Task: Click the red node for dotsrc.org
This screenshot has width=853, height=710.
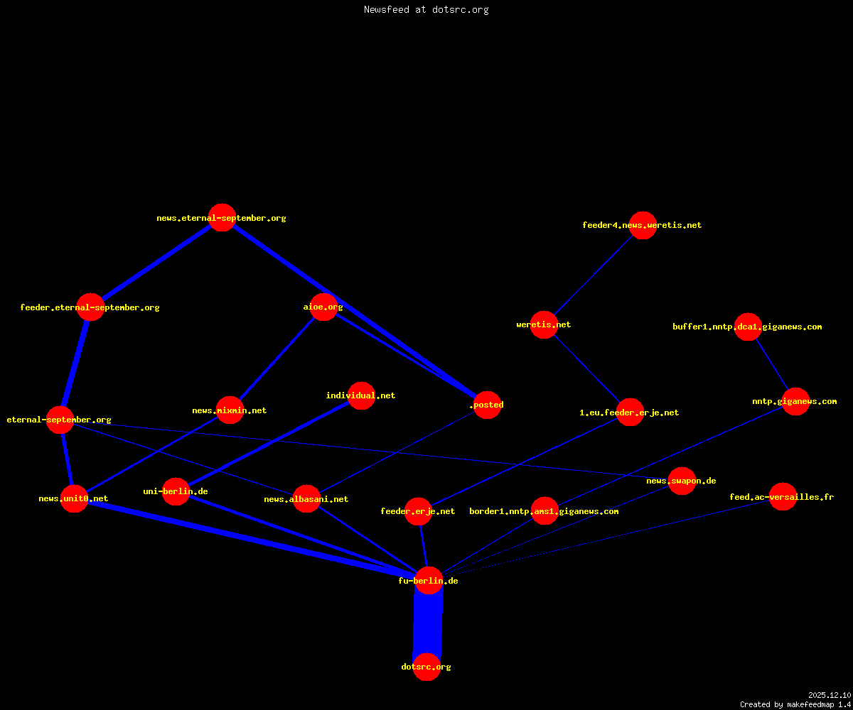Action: pyautogui.click(x=427, y=667)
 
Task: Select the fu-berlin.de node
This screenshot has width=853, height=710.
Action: pyautogui.click(x=429, y=580)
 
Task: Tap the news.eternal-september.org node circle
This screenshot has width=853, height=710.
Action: pyautogui.click(x=222, y=217)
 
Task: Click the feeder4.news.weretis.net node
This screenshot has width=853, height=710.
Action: pyautogui.click(x=643, y=225)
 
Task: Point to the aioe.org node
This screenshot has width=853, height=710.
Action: pyautogui.click(x=323, y=307)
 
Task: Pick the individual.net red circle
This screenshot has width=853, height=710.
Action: pyautogui.click(x=361, y=395)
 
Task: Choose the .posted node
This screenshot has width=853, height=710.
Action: pyautogui.click(x=488, y=405)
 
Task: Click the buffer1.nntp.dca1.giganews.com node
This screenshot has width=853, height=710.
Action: pyautogui.click(x=748, y=327)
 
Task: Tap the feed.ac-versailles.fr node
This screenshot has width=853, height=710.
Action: pyautogui.click(x=783, y=496)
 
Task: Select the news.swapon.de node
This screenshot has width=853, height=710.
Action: pyautogui.click(x=682, y=481)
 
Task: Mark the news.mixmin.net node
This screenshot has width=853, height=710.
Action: pyautogui.click(x=230, y=410)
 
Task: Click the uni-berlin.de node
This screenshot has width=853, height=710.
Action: pyautogui.click(x=176, y=491)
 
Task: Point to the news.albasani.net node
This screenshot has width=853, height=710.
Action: pyautogui.click(x=306, y=498)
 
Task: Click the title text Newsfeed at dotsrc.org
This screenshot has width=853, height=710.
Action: pyautogui.click(x=426, y=10)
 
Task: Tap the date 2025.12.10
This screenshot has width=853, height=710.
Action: pyautogui.click(x=830, y=695)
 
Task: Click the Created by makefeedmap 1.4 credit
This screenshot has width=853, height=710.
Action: pyautogui.click(x=795, y=705)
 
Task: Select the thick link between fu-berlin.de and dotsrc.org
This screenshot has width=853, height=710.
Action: pyautogui.click(x=428, y=623)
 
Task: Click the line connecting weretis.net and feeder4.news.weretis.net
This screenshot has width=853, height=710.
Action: pyautogui.click(x=593, y=275)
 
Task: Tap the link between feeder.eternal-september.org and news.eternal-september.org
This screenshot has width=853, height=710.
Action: pyautogui.click(x=156, y=262)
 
